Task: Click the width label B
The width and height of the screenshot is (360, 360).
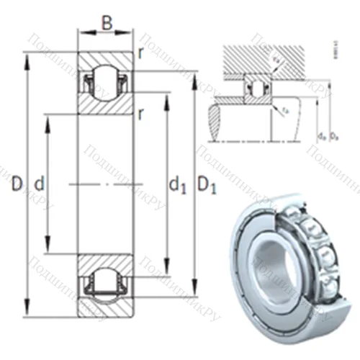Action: (107, 23)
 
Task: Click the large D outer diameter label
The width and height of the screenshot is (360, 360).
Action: (17, 184)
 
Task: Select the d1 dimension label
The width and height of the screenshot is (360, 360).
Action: (178, 185)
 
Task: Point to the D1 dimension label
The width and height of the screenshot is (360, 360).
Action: (207, 185)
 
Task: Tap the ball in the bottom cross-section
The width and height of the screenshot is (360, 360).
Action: (106, 283)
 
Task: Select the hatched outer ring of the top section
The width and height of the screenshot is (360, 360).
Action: (106, 58)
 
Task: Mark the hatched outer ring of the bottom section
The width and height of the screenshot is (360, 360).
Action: (106, 305)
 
